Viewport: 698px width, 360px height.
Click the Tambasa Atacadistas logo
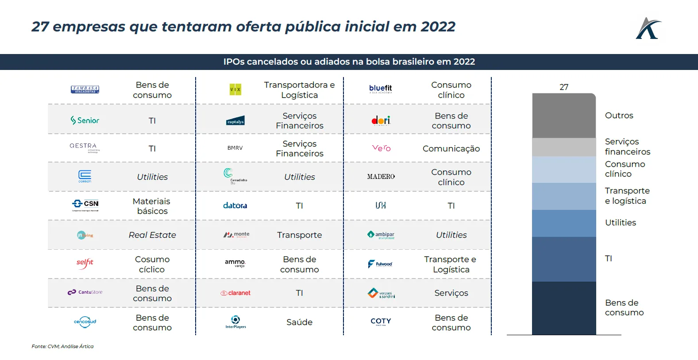85,89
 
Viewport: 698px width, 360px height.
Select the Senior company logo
85,120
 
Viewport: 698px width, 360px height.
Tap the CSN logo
85,204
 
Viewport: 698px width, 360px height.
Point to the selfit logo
85,263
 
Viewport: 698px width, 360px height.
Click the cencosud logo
85,322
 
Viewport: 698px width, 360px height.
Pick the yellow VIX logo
235,89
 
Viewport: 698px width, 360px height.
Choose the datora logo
235,205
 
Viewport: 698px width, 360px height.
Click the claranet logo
235,293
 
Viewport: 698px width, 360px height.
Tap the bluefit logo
381,89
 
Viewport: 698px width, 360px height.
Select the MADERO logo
381,177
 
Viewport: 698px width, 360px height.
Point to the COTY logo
381,321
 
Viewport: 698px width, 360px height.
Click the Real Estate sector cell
152,235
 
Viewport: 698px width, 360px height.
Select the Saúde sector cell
299,322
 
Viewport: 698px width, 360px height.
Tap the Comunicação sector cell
451,149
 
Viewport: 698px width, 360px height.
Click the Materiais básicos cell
152,206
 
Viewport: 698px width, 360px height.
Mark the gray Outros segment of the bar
564,116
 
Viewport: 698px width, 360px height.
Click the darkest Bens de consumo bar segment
564,308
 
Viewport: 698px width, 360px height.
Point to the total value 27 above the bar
564,87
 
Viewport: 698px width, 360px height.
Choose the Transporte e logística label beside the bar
627,196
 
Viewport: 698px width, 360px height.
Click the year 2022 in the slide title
438,27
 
